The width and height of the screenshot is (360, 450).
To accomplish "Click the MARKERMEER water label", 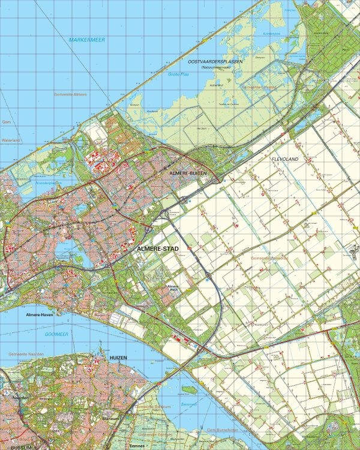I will [x=85, y=40].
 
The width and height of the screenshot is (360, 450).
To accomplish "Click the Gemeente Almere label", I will [x=70, y=94].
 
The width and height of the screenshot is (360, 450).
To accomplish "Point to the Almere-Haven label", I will [x=40, y=314].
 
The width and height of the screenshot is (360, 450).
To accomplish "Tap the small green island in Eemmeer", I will [x=190, y=389].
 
